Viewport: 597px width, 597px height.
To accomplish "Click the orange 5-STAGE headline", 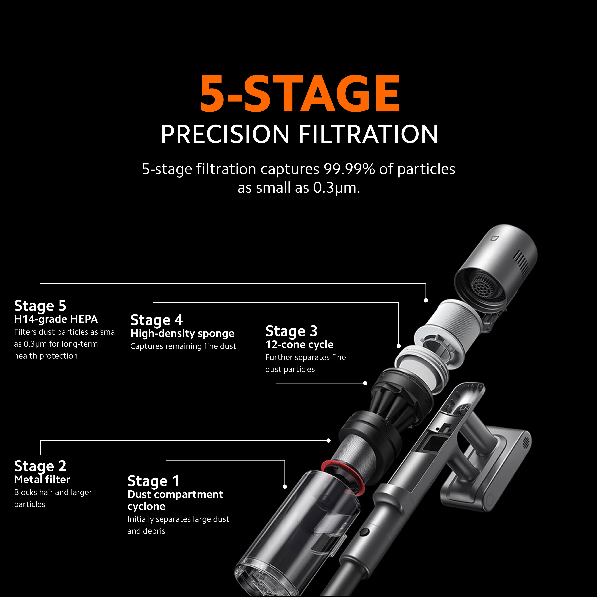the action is coord(300,93).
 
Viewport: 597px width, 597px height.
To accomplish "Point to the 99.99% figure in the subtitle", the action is coord(349,169).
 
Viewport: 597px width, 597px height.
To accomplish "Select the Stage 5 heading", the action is coord(40,306).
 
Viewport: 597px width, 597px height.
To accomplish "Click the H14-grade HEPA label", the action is coord(56,319).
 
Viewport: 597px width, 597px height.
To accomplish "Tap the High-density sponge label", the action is coord(182,333).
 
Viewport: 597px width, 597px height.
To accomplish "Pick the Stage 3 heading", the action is coord(291,331).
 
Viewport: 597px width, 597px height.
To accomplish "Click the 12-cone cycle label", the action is coord(299,345).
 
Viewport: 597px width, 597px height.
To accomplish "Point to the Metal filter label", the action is coord(42,480).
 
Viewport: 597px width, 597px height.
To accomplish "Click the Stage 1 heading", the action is coord(153,481).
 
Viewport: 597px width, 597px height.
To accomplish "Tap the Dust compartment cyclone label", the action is coord(175,500).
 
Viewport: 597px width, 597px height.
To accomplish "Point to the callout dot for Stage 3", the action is coord(365,383).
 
